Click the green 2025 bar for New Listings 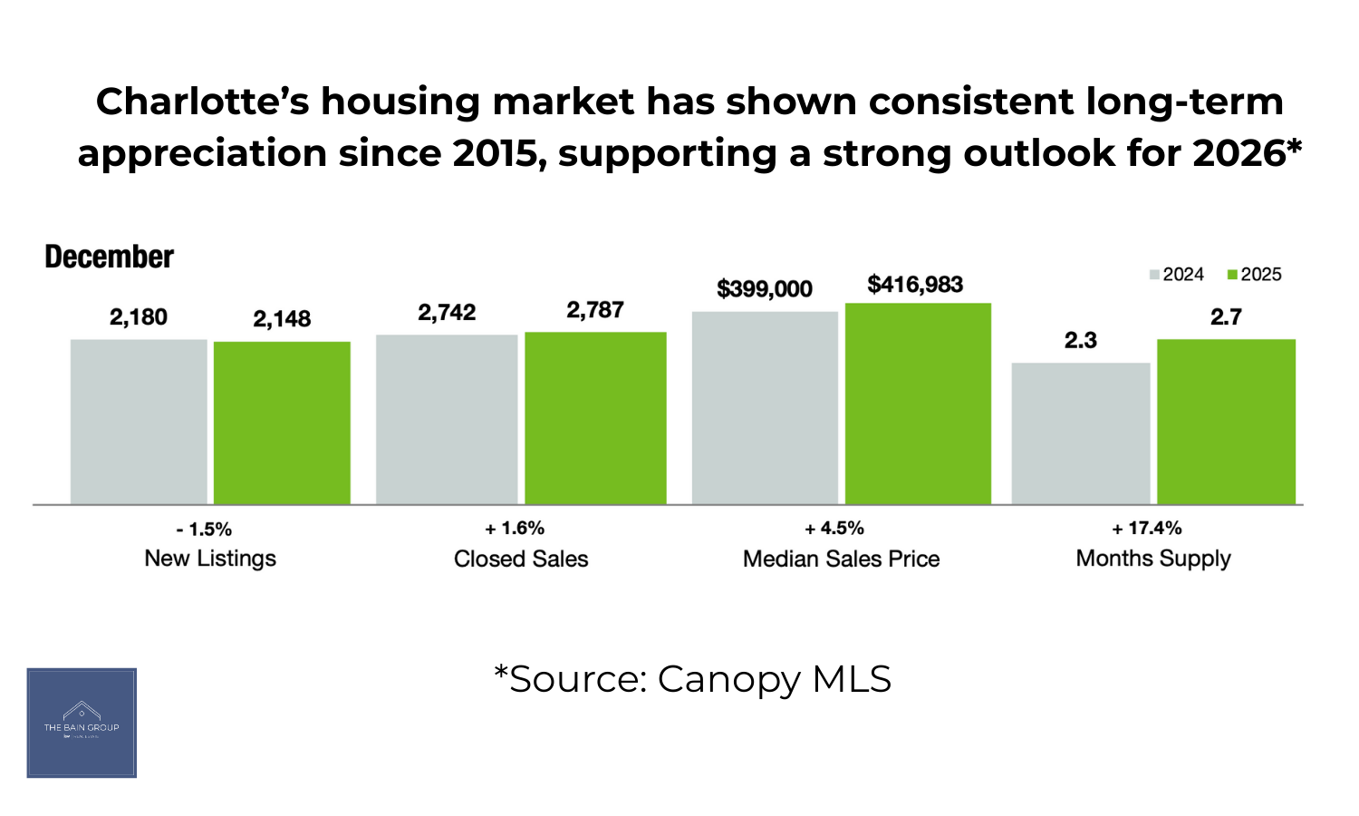click(282, 423)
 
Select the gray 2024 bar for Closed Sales click(447, 419)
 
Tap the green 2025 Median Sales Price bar click(918, 403)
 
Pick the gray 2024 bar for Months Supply click(1081, 433)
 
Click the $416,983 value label click(915, 285)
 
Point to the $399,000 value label click(765, 289)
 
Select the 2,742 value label click(447, 313)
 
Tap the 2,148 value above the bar click(282, 319)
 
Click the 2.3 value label click(1080, 341)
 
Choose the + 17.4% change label click(1147, 529)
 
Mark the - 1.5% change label click(204, 529)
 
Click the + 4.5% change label click(834, 529)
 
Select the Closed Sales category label click(521, 559)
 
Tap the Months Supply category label click(1153, 559)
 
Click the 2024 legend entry click(1177, 275)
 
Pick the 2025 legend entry click(1255, 275)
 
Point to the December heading click(109, 257)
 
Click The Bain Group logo click(82, 723)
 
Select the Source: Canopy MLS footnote click(692, 679)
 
